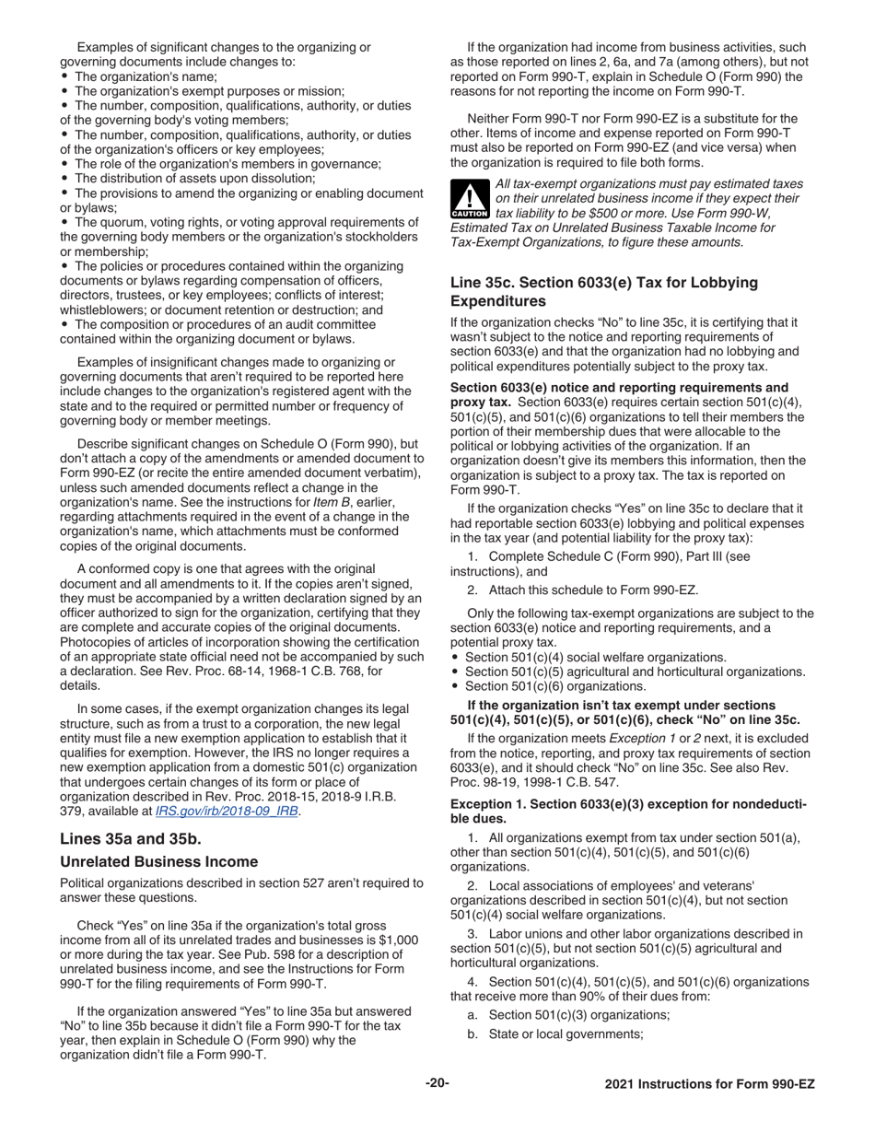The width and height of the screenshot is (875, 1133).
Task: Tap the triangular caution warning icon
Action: pyautogui.click(x=463, y=200)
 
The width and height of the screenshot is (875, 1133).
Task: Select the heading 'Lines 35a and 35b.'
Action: pyautogui.click(x=130, y=838)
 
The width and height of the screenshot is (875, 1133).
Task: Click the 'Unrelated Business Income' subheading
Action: pyautogui.click(x=158, y=862)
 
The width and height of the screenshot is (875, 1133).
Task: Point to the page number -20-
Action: pyautogui.click(x=437, y=1083)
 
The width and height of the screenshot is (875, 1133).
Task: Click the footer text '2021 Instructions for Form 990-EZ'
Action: pyautogui.click(x=709, y=1084)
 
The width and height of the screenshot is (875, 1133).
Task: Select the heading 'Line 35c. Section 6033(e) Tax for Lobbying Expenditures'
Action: pyautogui.click(x=603, y=292)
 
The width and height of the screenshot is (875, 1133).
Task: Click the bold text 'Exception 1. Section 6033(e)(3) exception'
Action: pyautogui.click(x=608, y=804)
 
